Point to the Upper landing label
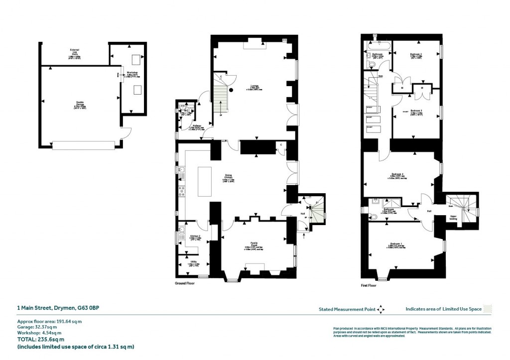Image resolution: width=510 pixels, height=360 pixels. click(x=452, y=218)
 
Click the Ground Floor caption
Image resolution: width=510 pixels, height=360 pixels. click(x=184, y=283)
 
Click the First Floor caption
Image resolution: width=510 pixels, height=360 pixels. click(x=369, y=286)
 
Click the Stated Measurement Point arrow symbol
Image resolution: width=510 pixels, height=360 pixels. click(x=381, y=309)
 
